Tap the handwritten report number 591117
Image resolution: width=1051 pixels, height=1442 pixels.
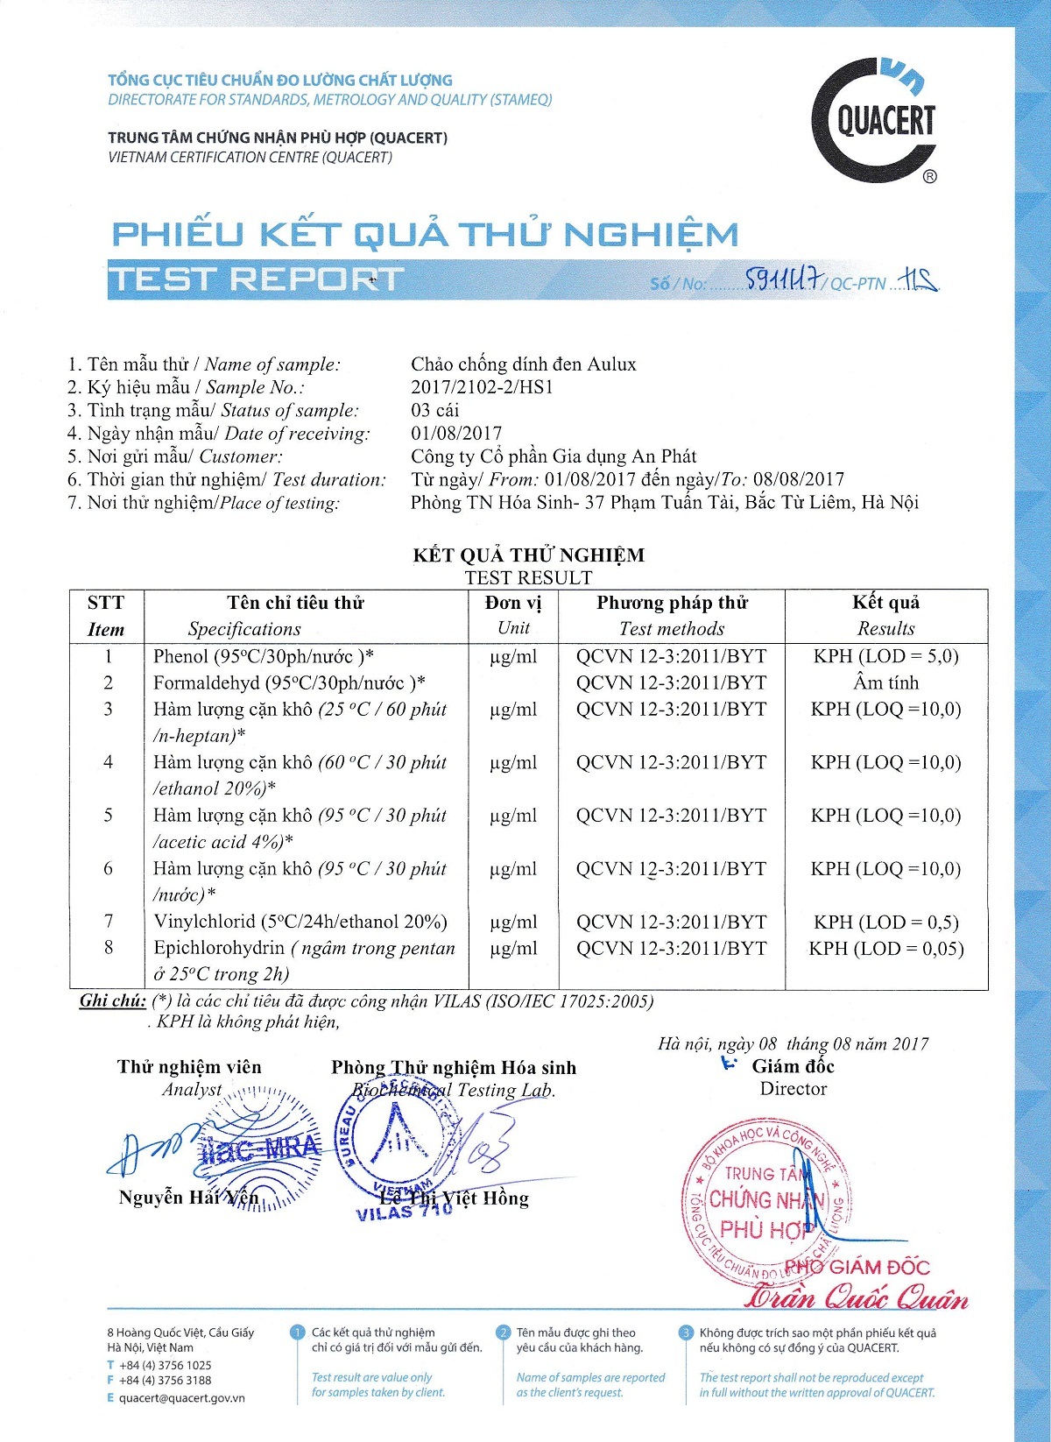click(x=784, y=279)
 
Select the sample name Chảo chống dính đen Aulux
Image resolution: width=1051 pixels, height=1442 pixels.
click(x=523, y=364)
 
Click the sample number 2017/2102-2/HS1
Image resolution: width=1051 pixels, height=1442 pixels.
click(x=482, y=387)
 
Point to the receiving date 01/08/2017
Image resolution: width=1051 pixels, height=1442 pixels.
click(x=456, y=434)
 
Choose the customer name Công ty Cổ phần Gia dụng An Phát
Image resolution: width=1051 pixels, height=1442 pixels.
click(x=554, y=456)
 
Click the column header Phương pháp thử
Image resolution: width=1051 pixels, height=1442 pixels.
click(x=672, y=603)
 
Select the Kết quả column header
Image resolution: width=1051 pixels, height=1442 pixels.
click(x=885, y=603)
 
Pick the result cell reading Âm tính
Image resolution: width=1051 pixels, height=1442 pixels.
click(x=885, y=682)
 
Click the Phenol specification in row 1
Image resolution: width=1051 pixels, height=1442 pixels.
click(x=264, y=656)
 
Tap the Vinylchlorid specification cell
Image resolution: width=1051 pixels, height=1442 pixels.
click(x=300, y=922)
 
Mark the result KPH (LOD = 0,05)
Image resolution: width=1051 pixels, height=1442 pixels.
click(x=885, y=949)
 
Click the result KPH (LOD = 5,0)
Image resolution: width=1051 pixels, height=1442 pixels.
click(x=885, y=656)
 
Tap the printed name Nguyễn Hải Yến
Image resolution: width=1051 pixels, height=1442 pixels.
click(x=188, y=1198)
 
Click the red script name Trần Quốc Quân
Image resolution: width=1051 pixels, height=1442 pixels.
click(x=856, y=1297)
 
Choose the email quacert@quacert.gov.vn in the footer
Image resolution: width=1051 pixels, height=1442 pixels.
click(x=181, y=1398)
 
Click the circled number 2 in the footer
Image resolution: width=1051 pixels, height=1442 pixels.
click(x=503, y=1332)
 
